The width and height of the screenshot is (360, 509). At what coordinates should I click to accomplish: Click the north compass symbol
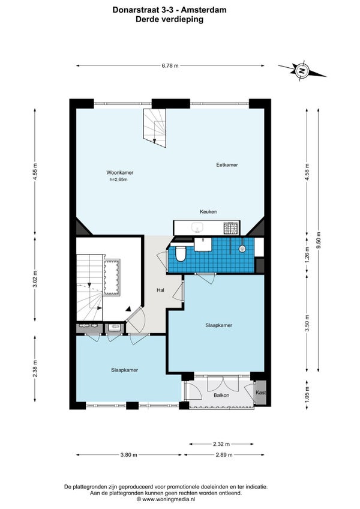(x=302, y=70)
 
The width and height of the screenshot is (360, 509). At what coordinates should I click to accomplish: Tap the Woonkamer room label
(x=120, y=173)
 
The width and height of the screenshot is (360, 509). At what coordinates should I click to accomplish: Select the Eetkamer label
(x=227, y=165)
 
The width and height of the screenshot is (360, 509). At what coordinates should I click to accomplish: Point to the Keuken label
(x=208, y=212)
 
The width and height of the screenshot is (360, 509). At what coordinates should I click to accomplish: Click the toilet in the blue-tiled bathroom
(x=180, y=253)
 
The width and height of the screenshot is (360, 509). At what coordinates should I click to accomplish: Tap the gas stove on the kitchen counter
(x=232, y=228)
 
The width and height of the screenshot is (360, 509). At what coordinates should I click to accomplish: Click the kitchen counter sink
(x=197, y=227)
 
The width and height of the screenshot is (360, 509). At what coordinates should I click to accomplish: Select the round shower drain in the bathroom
(x=242, y=249)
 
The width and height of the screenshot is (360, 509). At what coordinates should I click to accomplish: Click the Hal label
(x=160, y=290)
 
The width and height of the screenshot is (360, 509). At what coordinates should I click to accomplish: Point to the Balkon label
(x=221, y=395)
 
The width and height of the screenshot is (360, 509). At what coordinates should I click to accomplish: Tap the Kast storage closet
(x=261, y=393)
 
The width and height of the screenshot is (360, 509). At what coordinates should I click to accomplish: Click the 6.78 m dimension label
(x=170, y=65)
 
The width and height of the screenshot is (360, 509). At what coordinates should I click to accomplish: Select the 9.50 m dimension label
(x=319, y=240)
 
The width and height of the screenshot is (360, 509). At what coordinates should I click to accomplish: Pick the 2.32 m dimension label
(x=221, y=444)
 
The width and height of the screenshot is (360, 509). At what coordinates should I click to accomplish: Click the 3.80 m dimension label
(x=128, y=455)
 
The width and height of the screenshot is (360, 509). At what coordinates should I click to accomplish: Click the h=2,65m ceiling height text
(x=118, y=179)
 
